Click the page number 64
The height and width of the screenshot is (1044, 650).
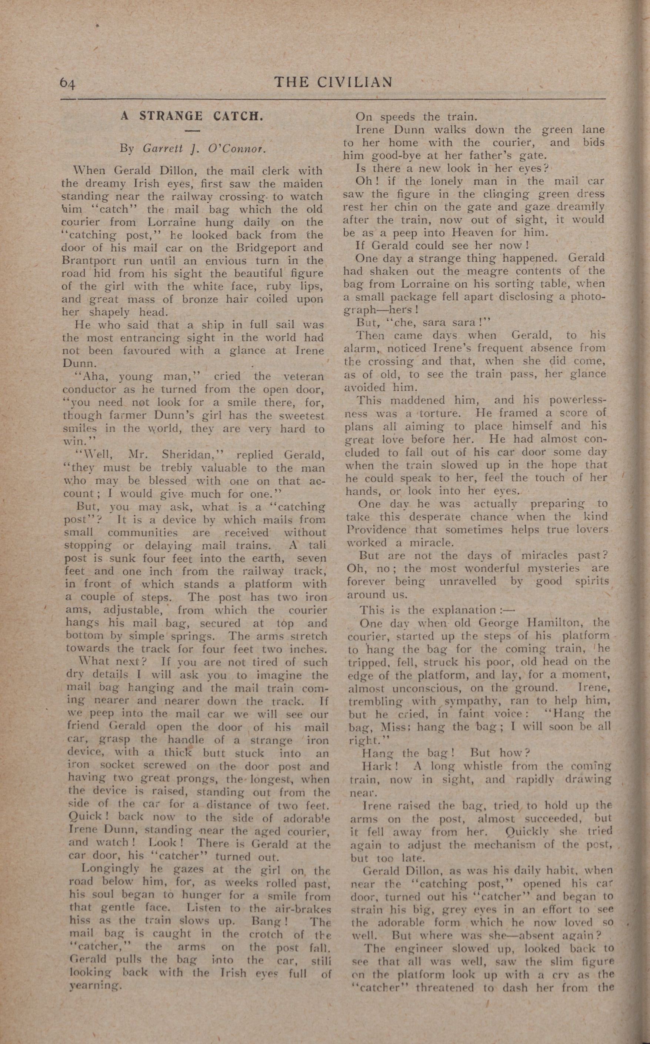click(67, 83)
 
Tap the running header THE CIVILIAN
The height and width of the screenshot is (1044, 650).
click(333, 82)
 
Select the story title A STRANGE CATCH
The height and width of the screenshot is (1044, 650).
click(191, 116)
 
